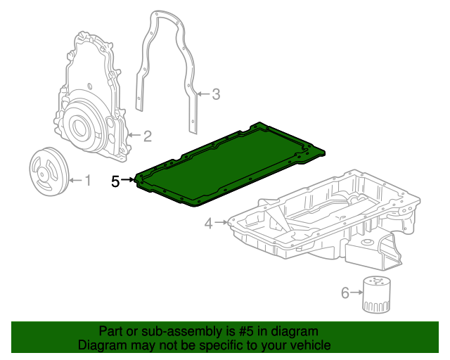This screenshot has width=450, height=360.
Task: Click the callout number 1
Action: point(88,181)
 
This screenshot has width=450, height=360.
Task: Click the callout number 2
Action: point(148,135)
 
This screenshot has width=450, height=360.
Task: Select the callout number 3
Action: point(216,94)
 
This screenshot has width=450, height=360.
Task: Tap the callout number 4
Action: point(208,224)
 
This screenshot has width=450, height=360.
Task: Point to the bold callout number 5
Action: point(115,181)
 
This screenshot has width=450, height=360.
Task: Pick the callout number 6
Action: point(345,292)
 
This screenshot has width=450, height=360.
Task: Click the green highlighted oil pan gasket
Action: point(225,165)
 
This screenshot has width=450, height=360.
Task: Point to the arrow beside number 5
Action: point(128,181)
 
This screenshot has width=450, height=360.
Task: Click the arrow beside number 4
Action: point(221,224)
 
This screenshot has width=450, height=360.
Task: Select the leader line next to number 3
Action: point(204,94)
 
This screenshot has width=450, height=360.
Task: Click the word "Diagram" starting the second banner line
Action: point(99,345)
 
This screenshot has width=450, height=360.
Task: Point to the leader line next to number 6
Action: point(355,292)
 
